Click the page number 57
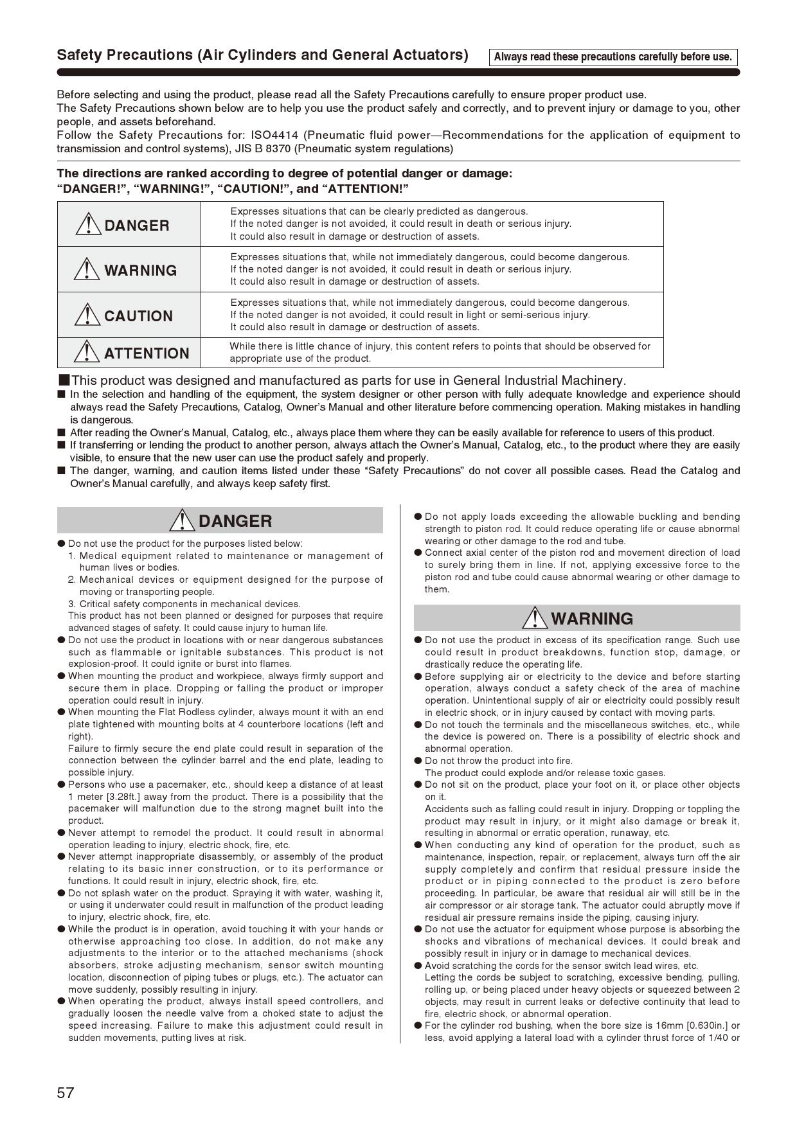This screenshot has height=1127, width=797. pos(66,1092)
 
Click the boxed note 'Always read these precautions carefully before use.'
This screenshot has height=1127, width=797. pos(613,57)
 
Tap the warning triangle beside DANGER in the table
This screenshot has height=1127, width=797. pos(87,224)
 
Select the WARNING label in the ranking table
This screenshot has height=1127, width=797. pos(140,271)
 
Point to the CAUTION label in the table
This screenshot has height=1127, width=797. pos(138,316)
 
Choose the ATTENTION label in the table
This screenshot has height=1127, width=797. pos(147,353)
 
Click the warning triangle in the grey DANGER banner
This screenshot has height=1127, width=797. pos(183,520)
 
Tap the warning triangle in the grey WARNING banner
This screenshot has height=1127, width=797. pos(535,617)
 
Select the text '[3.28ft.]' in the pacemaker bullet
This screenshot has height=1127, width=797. pos(129,797)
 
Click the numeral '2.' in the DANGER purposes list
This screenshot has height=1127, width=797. pos(72,580)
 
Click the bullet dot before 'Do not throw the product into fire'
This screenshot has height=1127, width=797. pos(418,761)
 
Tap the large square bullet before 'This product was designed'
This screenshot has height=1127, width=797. pos(64,380)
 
